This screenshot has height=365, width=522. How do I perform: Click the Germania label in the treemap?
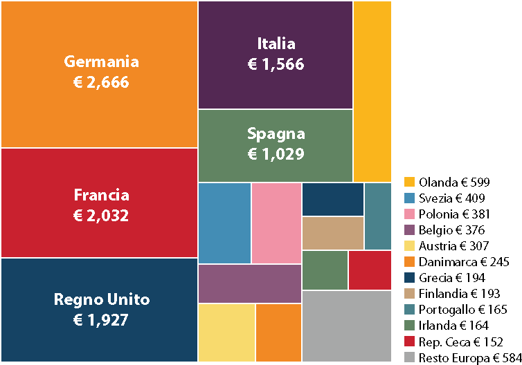pyautogui.click(x=101, y=62)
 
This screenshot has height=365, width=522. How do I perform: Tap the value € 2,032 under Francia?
pyautogui.click(x=101, y=216)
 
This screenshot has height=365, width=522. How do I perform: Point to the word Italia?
pyautogui.click(x=276, y=44)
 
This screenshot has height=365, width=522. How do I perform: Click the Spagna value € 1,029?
pyautogui.click(x=276, y=154)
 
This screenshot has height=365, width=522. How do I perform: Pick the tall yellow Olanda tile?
pyautogui.click(x=372, y=91)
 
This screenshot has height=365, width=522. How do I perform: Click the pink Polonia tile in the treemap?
pyautogui.click(x=276, y=223)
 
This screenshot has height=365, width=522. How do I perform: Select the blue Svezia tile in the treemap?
pyautogui.click(x=224, y=223)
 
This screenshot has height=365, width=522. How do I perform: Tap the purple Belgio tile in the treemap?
pyautogui.click(x=249, y=283)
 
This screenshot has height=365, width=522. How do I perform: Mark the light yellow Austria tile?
pyautogui.click(x=226, y=333)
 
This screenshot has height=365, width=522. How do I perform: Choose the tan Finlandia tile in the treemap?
pyautogui.click(x=332, y=233)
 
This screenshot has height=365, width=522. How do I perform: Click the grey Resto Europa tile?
pyautogui.click(x=346, y=326)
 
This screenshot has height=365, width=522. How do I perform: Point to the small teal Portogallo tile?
pyautogui.click(x=377, y=216)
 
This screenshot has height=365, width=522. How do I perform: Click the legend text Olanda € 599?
pyautogui.click(x=454, y=182)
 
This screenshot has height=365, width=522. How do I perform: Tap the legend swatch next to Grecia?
pyautogui.click(x=410, y=278)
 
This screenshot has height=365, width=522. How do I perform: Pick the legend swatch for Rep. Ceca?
pyautogui.click(x=410, y=341)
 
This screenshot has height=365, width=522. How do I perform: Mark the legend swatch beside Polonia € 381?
pyautogui.click(x=410, y=214)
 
